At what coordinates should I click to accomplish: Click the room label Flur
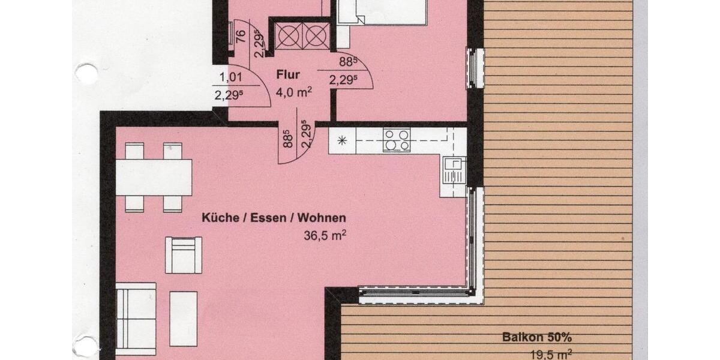tap(288, 76)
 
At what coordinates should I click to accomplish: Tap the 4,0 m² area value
tap(293, 92)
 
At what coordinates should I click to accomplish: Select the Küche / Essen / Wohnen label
tap(274, 218)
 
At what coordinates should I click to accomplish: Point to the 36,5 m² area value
tap(325, 235)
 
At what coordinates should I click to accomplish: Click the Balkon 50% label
tap(533, 337)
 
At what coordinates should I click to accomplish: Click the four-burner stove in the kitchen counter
tap(397, 140)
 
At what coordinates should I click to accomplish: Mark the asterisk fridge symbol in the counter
tap(342, 141)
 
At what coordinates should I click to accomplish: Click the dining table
tap(154, 177)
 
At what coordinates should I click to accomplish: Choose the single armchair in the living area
tap(183, 255)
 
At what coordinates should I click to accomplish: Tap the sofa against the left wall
tap(136, 319)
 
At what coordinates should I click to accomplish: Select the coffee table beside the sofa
tap(183, 318)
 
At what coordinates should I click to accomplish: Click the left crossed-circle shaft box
tap(286, 35)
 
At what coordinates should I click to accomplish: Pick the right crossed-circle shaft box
tap(316, 35)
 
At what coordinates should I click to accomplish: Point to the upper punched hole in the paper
tap(86, 74)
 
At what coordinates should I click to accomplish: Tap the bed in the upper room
tap(382, 12)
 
